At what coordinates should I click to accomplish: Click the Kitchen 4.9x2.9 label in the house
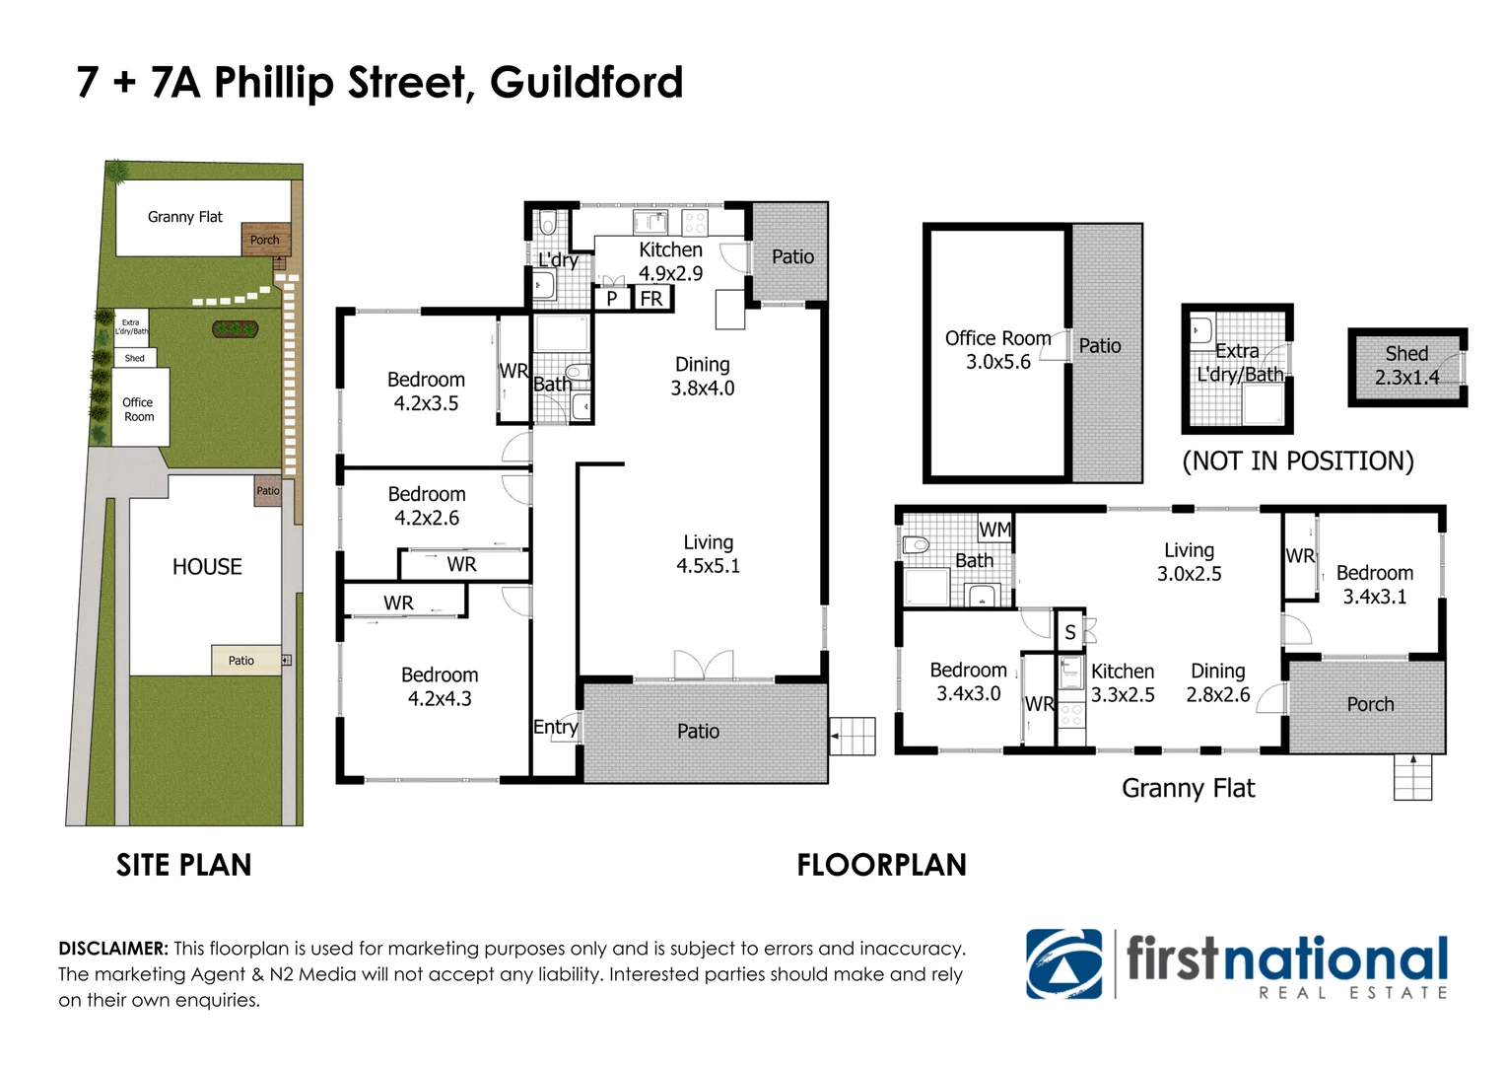point(670,261)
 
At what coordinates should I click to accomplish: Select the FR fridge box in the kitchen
point(651,298)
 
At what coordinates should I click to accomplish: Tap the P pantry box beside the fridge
point(611,298)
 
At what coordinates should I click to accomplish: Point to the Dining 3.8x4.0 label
point(702,377)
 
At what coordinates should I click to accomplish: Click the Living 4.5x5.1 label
point(708,554)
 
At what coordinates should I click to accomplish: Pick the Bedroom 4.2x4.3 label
point(440,686)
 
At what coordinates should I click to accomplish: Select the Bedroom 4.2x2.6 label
point(427,506)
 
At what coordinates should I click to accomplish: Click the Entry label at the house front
point(555,728)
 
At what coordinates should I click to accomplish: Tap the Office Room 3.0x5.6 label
point(997,350)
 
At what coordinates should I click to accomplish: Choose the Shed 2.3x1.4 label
point(1406,365)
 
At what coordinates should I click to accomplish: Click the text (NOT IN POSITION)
point(1297,461)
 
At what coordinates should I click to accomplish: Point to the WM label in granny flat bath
point(994,530)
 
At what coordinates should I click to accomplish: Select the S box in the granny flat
point(1069,633)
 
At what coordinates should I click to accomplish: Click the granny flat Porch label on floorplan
point(1370,704)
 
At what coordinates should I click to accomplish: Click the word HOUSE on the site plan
point(207,567)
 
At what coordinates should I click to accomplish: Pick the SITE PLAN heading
point(183,865)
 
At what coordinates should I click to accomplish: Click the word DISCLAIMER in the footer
point(113,949)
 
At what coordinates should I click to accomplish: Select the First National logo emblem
point(1063,963)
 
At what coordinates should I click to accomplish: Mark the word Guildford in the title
point(586,82)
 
